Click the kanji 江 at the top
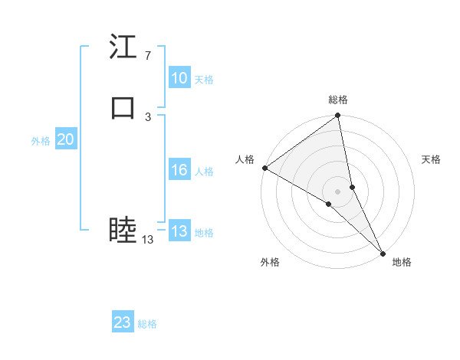(x=123, y=47)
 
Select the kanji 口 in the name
(x=123, y=108)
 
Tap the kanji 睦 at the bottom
(x=123, y=230)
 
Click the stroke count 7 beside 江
(x=147, y=56)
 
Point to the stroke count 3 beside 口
(x=147, y=116)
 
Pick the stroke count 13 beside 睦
(x=147, y=240)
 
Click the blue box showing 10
(x=179, y=78)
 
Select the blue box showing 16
(x=179, y=171)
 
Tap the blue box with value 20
(x=65, y=139)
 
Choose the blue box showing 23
(x=122, y=322)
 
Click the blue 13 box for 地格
(x=179, y=232)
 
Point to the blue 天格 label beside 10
(x=204, y=80)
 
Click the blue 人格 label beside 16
(x=204, y=172)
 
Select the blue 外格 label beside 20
(x=41, y=140)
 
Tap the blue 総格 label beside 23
(x=147, y=324)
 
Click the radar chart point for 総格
(x=338, y=116)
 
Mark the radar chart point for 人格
(x=264, y=168)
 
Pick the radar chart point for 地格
(x=383, y=252)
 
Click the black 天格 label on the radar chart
(x=432, y=159)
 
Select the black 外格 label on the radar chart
(x=270, y=262)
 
